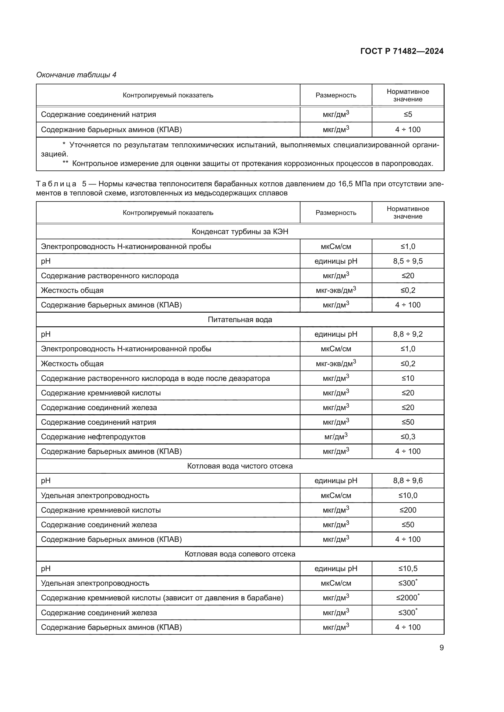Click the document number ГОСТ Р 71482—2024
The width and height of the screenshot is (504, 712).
click(402, 51)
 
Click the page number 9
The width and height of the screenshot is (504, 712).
click(441, 647)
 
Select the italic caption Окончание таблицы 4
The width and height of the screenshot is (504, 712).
click(76, 75)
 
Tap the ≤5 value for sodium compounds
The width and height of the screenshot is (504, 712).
click(407, 114)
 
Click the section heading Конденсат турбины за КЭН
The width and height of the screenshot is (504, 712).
click(240, 232)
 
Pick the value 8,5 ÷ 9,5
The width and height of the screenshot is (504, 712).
click(407, 261)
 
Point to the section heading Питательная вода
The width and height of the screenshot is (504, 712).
click(240, 319)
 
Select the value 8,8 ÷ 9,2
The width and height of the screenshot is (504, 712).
click(407, 334)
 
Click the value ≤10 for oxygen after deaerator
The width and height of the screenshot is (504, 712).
click(407, 378)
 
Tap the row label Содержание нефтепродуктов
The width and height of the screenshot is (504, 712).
click(93, 437)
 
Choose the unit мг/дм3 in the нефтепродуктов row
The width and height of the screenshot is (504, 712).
click(335, 437)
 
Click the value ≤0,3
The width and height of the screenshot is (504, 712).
click(407, 437)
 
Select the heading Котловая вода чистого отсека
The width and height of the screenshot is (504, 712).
click(240, 466)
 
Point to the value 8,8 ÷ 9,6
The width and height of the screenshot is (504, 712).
click(407, 481)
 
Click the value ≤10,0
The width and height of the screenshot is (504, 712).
click(407, 496)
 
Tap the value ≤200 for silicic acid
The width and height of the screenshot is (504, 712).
click(407, 510)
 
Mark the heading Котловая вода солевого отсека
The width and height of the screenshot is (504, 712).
click(240, 554)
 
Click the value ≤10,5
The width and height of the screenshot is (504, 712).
click(407, 568)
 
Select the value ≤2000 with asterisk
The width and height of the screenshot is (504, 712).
click(407, 598)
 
